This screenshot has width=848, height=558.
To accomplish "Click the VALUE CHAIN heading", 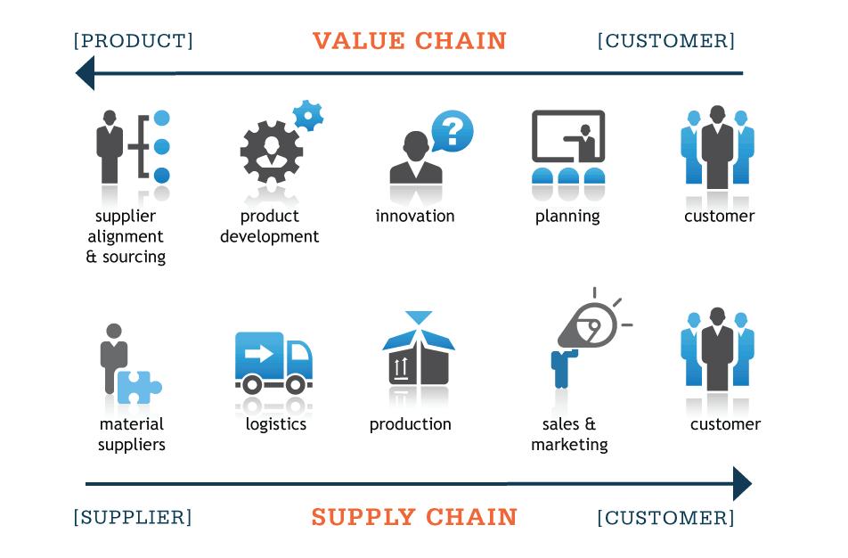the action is pos(409,41).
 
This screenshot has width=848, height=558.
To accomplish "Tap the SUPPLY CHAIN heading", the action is pos(414,517).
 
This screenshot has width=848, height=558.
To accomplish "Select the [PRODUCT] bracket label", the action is pos(133,41).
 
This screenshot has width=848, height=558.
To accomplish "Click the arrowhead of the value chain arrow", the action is pos(86,72).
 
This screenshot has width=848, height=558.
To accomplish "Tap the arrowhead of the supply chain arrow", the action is pos(741,485).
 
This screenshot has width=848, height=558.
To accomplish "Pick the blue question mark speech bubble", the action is pos(453,132).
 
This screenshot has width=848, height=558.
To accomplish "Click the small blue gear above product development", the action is pos(308,116).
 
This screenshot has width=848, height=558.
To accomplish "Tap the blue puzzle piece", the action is pos(139,387).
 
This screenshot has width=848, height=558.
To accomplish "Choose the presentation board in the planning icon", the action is pos(567,137).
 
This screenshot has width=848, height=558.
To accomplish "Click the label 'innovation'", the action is pos(414,216).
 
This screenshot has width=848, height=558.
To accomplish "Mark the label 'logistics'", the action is pos(276,424).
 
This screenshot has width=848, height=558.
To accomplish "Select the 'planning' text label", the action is pos(567,216).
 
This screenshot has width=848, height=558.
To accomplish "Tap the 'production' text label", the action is pos(410,424).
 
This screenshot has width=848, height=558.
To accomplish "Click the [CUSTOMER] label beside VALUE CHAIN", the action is pos(666,41).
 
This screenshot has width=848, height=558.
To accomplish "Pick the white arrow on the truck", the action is pos(258,353).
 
